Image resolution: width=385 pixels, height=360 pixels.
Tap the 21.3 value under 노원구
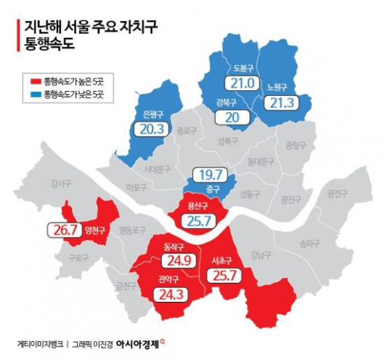tap(280, 103)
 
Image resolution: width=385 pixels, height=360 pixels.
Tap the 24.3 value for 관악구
tap(171, 295)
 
